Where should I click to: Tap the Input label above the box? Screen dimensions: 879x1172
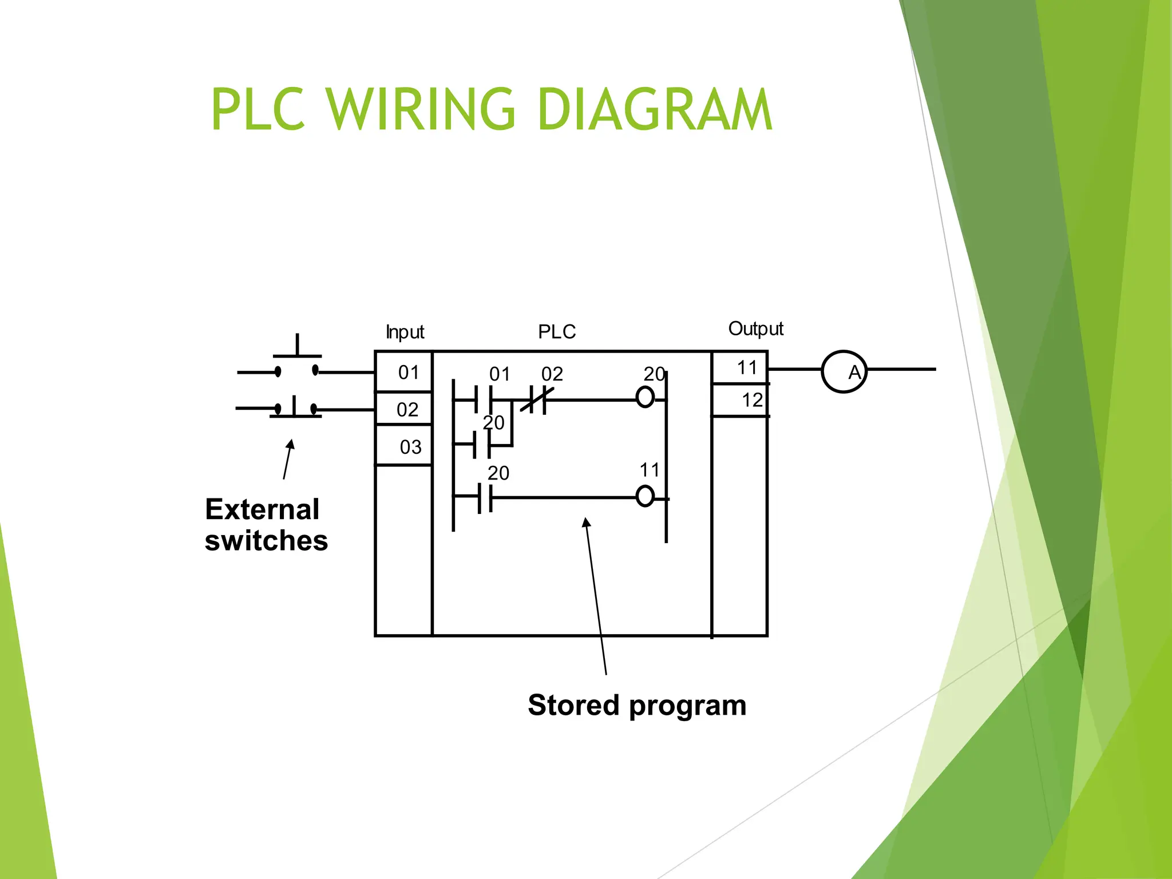(405, 332)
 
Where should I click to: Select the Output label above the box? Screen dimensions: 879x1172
(755, 329)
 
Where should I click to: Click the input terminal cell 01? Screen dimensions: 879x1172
(404, 373)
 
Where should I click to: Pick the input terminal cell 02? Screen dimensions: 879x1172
(404, 409)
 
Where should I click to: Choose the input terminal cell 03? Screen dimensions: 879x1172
(404, 446)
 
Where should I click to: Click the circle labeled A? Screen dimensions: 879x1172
(844, 371)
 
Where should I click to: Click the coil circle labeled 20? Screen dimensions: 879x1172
(645, 397)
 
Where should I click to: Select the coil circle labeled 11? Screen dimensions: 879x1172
(645, 496)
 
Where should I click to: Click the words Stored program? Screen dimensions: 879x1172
(637, 705)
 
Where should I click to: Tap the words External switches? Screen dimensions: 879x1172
(266, 525)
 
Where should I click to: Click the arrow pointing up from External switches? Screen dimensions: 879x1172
(288, 459)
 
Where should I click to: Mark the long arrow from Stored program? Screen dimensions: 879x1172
(596, 595)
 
